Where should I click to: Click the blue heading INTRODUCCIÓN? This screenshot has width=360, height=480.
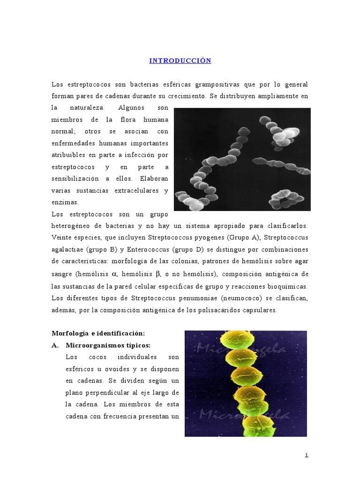coord(180,61)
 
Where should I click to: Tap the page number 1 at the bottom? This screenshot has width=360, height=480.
coord(307,456)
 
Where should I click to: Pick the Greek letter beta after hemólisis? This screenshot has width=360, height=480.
coord(157,274)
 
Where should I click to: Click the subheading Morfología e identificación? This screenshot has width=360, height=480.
coord(98,333)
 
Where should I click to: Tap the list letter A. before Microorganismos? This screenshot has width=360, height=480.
coord(55,345)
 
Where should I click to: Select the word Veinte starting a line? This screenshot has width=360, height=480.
coord(62,237)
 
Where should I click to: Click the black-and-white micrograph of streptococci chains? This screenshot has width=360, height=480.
coord(242,159)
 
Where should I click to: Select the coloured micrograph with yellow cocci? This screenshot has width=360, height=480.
coord(246,383)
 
